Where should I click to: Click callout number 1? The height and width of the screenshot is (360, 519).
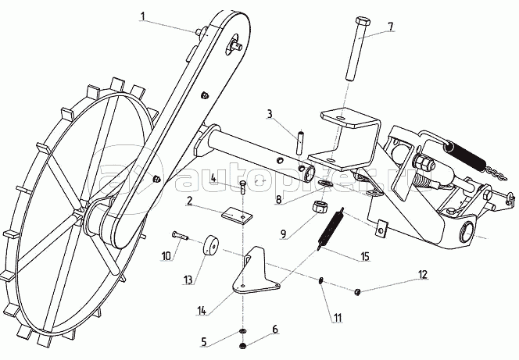point(144,15)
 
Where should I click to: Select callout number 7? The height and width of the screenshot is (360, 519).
point(390,27)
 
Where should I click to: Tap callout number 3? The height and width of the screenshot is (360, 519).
point(270,116)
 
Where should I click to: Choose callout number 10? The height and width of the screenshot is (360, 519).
point(166,255)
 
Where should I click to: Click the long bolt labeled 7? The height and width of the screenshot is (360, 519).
point(356,55)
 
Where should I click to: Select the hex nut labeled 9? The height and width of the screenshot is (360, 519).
point(319,208)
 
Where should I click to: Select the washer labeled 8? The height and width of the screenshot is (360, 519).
point(325,185)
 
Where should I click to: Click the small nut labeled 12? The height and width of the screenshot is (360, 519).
point(357,291)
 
